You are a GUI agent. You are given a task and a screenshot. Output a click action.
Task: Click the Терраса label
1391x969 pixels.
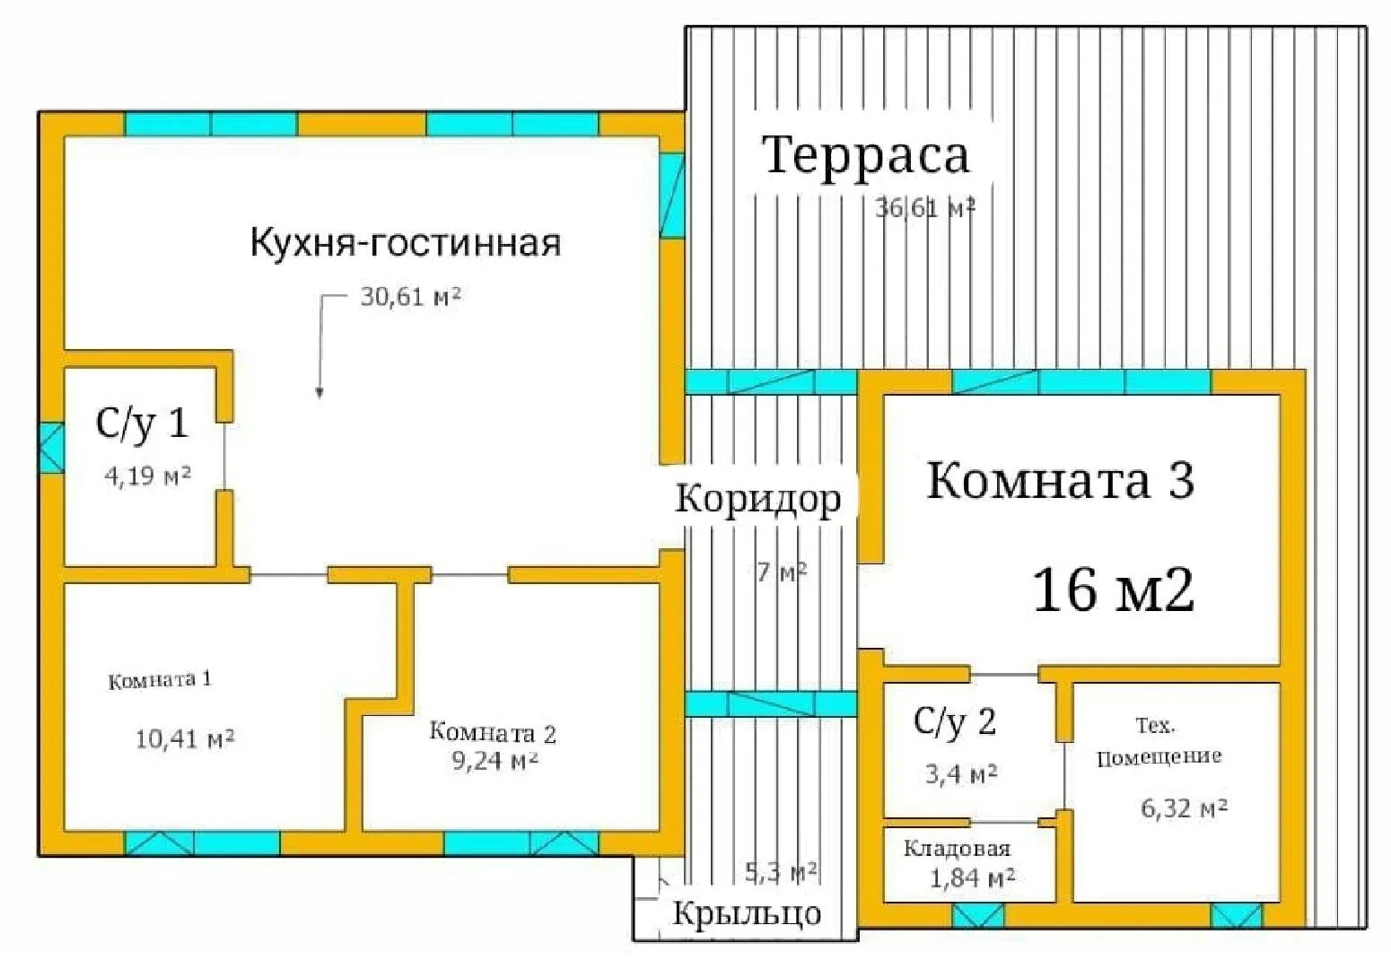click(866, 155)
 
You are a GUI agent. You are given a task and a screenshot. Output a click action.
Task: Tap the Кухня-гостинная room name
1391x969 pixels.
click(405, 243)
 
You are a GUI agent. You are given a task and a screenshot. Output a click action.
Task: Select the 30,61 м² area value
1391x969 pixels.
click(410, 296)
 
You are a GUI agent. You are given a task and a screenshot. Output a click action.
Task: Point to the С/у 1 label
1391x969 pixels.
click(142, 423)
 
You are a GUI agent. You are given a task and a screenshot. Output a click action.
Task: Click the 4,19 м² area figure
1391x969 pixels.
click(147, 476)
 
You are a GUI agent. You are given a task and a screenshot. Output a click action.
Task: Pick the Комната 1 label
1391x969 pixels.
click(160, 680)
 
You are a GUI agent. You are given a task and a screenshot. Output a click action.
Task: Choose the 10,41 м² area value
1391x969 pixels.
click(185, 739)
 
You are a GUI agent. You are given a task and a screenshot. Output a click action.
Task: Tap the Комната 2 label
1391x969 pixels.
click(493, 733)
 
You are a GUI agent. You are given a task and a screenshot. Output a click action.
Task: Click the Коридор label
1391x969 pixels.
click(758, 499)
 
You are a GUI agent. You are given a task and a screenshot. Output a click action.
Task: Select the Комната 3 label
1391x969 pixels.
click(1060, 480)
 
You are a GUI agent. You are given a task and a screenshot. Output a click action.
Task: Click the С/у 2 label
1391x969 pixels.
click(955, 721)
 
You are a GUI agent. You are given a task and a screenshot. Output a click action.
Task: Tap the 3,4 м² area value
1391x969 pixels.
click(961, 773)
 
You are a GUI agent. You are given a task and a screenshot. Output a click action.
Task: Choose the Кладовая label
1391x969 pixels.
click(957, 849)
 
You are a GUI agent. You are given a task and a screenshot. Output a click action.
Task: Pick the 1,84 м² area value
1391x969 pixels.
click(972, 877)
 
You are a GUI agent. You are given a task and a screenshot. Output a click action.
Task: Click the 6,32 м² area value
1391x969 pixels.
click(1184, 808)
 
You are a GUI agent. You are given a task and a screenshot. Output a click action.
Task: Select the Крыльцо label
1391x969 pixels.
click(747, 913)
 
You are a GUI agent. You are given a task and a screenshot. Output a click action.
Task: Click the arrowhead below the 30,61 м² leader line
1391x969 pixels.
click(319, 391)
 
